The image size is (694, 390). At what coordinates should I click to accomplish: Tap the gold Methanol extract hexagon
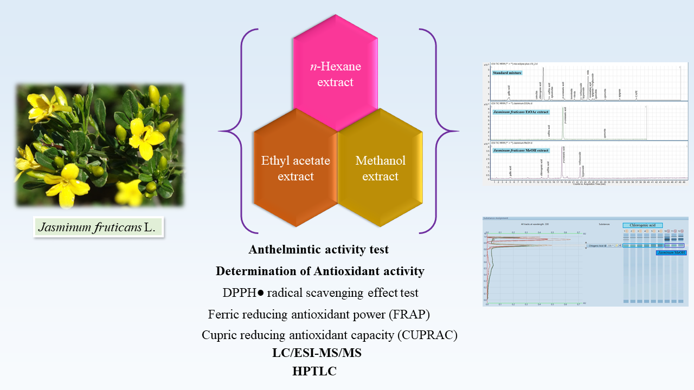point(380,168)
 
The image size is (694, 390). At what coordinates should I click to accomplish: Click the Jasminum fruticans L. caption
point(98,228)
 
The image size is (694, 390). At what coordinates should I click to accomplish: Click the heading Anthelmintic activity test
point(319,250)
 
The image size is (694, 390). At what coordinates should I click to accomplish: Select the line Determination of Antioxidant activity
point(320,271)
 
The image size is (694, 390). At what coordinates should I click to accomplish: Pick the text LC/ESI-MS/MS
point(317,353)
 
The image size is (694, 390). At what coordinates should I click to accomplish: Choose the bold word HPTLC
point(314,371)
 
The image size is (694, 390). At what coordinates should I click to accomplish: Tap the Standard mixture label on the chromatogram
point(507,72)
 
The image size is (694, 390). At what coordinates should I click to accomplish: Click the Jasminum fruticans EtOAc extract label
point(520,112)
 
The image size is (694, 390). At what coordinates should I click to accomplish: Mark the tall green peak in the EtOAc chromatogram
point(563,122)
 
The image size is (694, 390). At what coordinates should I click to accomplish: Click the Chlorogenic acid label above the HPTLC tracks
point(642,225)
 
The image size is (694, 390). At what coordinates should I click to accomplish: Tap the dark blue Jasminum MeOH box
point(671,252)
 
